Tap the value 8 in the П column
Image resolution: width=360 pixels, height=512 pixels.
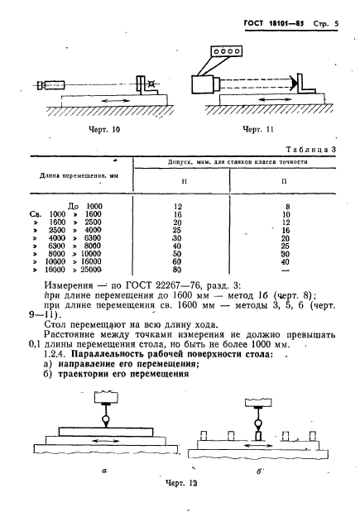pos(286,204)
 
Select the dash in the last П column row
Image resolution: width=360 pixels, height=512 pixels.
pos(286,268)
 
